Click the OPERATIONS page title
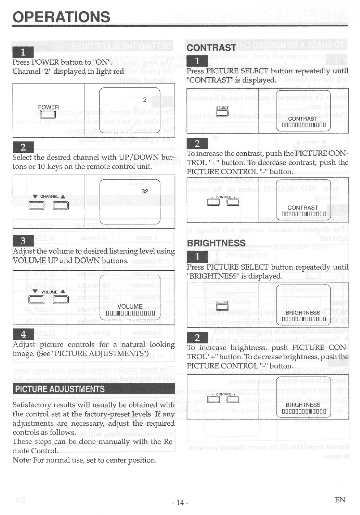(x=61, y=17)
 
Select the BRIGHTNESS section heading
(x=216, y=243)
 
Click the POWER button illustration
(x=48, y=114)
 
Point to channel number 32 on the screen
(x=145, y=191)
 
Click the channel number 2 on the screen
(x=145, y=100)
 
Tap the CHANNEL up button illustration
(x=61, y=205)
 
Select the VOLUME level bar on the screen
(x=130, y=313)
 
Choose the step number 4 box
(x=23, y=334)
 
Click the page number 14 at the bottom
(x=180, y=502)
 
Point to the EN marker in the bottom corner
(x=340, y=500)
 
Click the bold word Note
(x=21, y=460)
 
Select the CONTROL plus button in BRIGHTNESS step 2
(x=233, y=399)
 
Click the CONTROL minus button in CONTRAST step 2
(x=213, y=202)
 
